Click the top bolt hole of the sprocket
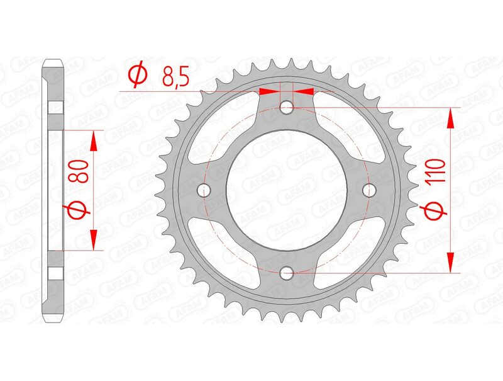[287, 107]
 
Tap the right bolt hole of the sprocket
[370, 190]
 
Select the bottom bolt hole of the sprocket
[287, 273]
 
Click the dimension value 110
[439, 171]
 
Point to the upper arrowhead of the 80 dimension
[94, 142]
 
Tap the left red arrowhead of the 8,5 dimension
[269, 91]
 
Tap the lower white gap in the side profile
[55, 273]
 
